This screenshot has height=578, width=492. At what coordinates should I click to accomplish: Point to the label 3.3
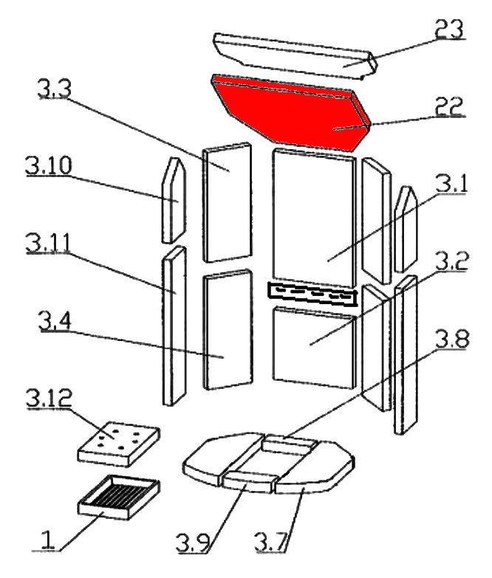click(54, 90)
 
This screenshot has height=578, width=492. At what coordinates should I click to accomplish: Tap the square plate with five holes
click(118, 441)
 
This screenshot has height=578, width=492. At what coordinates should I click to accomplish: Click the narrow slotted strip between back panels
click(312, 294)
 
